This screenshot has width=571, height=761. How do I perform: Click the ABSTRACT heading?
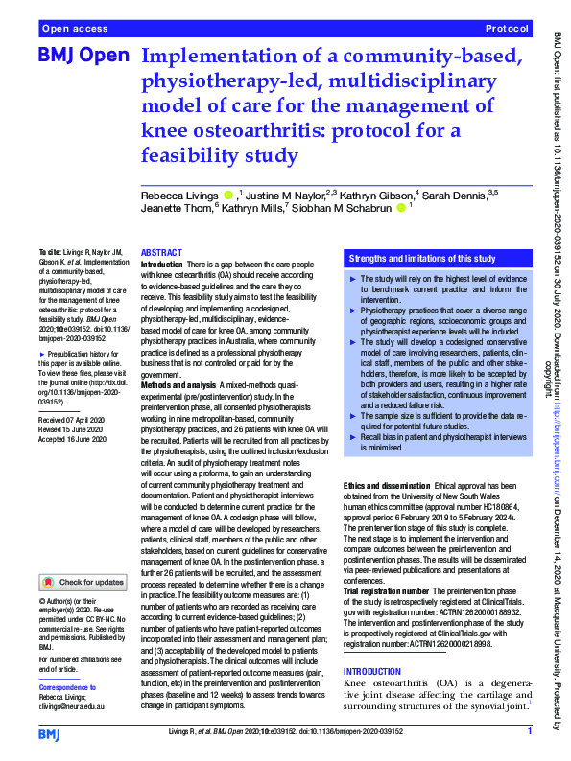[161, 252]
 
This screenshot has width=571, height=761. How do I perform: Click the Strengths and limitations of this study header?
[422, 259]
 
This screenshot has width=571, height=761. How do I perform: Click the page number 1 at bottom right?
[529, 731]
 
